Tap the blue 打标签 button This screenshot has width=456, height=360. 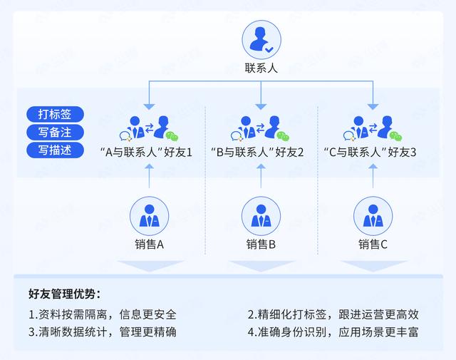coord(56,114)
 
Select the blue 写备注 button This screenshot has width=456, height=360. coord(56,132)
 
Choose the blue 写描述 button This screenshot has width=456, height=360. coord(56,150)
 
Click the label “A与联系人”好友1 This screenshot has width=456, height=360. coord(147,152)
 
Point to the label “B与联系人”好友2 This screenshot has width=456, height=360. coord(259,152)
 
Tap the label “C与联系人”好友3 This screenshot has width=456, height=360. coord(370,152)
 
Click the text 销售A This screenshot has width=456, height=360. coord(150,245)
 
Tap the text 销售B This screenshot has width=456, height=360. coord(261,245)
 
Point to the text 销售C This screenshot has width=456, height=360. coord(373,245)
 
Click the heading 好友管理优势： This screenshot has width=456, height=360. coord(65,293)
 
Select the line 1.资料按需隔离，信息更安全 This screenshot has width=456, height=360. coord(103,314)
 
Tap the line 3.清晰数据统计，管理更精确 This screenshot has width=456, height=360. coord(103,331)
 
